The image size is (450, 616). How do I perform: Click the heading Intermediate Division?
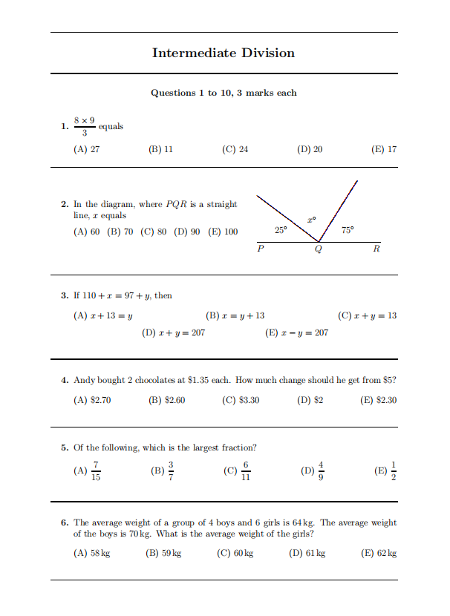[224, 53]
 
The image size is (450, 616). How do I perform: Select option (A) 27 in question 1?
[86, 149]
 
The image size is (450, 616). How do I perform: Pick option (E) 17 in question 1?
[384, 149]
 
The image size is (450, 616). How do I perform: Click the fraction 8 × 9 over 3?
[84, 126]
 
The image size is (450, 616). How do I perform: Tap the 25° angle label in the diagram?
[281, 230]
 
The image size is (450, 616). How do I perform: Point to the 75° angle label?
[348, 230]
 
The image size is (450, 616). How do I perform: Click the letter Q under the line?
[319, 249]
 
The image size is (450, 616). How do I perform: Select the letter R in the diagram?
[376, 249]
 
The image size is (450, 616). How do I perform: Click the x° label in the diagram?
[312, 220]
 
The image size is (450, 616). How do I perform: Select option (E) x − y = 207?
[296, 332]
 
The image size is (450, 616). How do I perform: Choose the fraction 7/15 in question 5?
[97, 471]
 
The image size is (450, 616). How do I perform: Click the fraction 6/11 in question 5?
[246, 471]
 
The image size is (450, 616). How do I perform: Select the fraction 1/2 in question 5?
[394, 471]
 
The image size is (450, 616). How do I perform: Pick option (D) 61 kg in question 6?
[307, 553]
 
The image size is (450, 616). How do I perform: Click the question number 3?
[65, 295]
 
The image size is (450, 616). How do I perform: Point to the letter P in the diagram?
[261, 249]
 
